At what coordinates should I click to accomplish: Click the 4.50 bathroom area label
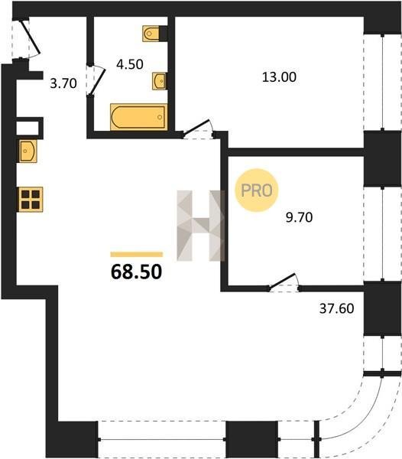click(x=129, y=64)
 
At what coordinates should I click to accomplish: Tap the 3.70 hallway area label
click(x=63, y=83)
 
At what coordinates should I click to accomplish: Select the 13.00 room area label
click(x=279, y=77)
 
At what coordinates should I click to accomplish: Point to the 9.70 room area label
click(x=299, y=217)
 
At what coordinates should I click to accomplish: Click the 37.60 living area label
click(x=336, y=308)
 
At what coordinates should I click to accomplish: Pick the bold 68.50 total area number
click(x=136, y=272)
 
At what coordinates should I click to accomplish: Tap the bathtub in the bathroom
click(x=139, y=116)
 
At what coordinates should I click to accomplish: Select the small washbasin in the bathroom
click(x=160, y=81)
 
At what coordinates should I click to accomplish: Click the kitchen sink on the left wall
click(x=28, y=151)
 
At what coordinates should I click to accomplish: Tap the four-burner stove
click(x=31, y=199)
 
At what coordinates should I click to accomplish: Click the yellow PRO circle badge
click(x=256, y=190)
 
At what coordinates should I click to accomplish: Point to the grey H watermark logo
click(x=200, y=226)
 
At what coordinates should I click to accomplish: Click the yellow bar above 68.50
click(x=136, y=255)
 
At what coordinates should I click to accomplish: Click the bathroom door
click(x=96, y=80)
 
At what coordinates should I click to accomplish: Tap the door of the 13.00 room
click(x=197, y=129)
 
